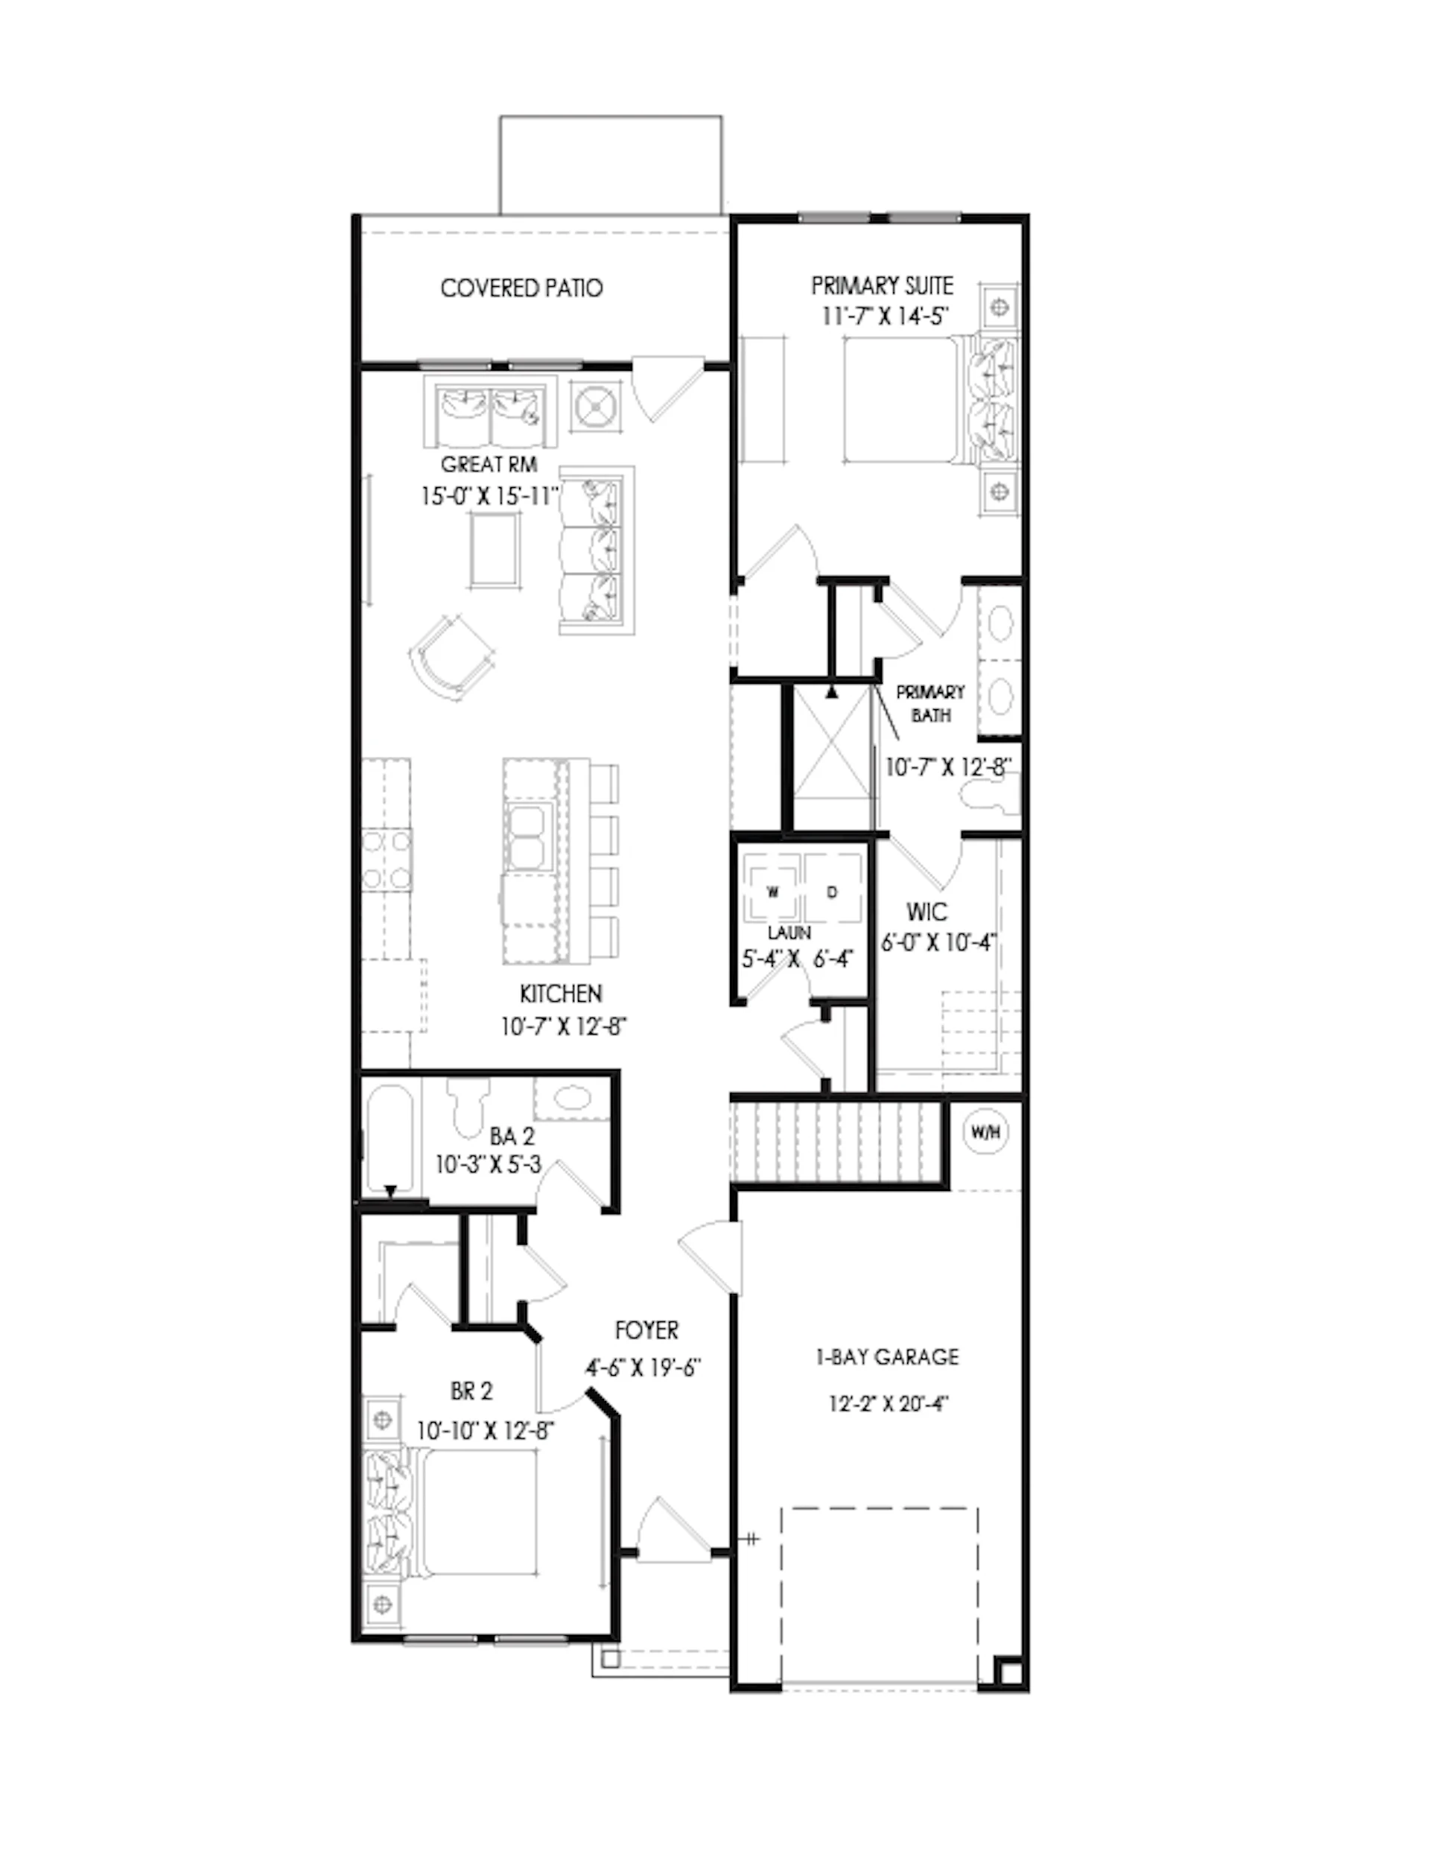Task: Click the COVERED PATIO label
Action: pyautogui.click(x=521, y=288)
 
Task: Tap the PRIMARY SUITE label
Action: pyautogui.click(x=882, y=285)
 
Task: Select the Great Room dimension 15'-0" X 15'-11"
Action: pyautogui.click(x=490, y=496)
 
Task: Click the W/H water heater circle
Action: pyautogui.click(x=985, y=1132)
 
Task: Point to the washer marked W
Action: pyautogui.click(x=772, y=891)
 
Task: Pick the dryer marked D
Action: pyautogui.click(x=833, y=891)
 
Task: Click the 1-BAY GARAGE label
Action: pyautogui.click(x=886, y=1358)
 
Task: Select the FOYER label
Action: pyautogui.click(x=646, y=1330)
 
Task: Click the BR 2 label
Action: pyautogui.click(x=471, y=1391)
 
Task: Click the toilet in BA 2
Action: pyautogui.click(x=467, y=1107)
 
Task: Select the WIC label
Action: pyautogui.click(x=927, y=912)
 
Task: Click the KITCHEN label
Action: pyautogui.click(x=561, y=994)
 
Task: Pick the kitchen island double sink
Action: pyautogui.click(x=529, y=834)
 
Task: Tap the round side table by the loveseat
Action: pyautogui.click(x=596, y=407)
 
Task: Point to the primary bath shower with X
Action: pyautogui.click(x=831, y=756)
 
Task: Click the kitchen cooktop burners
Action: pyautogui.click(x=387, y=860)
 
